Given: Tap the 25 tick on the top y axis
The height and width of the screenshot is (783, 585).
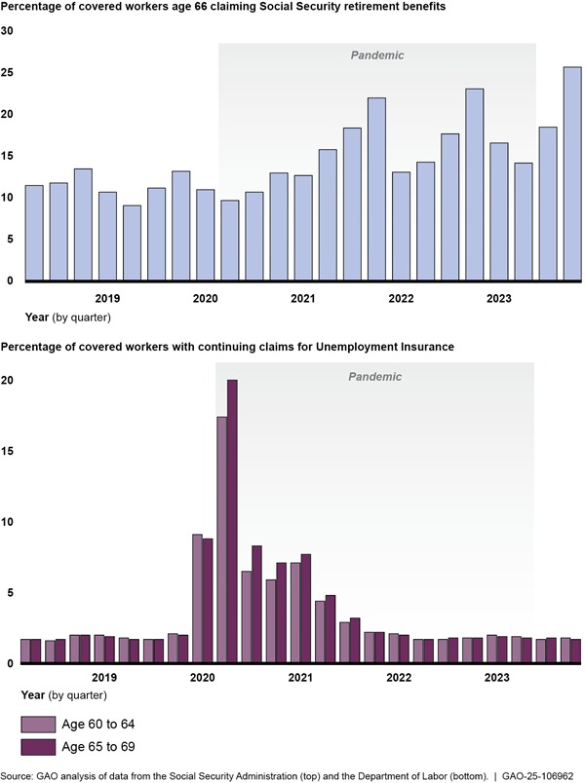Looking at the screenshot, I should click(x=7, y=72).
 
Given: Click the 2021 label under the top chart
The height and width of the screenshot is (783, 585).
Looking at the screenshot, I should click(x=302, y=298).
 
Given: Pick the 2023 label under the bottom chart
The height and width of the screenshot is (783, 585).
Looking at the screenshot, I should click(x=497, y=677).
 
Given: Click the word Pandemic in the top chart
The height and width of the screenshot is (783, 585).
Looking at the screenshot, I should click(x=377, y=56).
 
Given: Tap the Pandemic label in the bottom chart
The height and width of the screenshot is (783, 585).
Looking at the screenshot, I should click(x=377, y=376).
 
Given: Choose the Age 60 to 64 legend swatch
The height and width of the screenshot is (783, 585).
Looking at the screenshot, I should click(x=39, y=723).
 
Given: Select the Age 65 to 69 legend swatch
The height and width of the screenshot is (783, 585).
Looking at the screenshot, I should click(x=39, y=747).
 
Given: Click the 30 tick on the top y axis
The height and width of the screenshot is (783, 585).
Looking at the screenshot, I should click(x=7, y=30).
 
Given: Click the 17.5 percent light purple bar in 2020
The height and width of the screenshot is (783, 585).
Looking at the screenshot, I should click(x=221, y=540).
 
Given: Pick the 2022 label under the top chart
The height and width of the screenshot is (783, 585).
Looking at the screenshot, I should click(x=400, y=298).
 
